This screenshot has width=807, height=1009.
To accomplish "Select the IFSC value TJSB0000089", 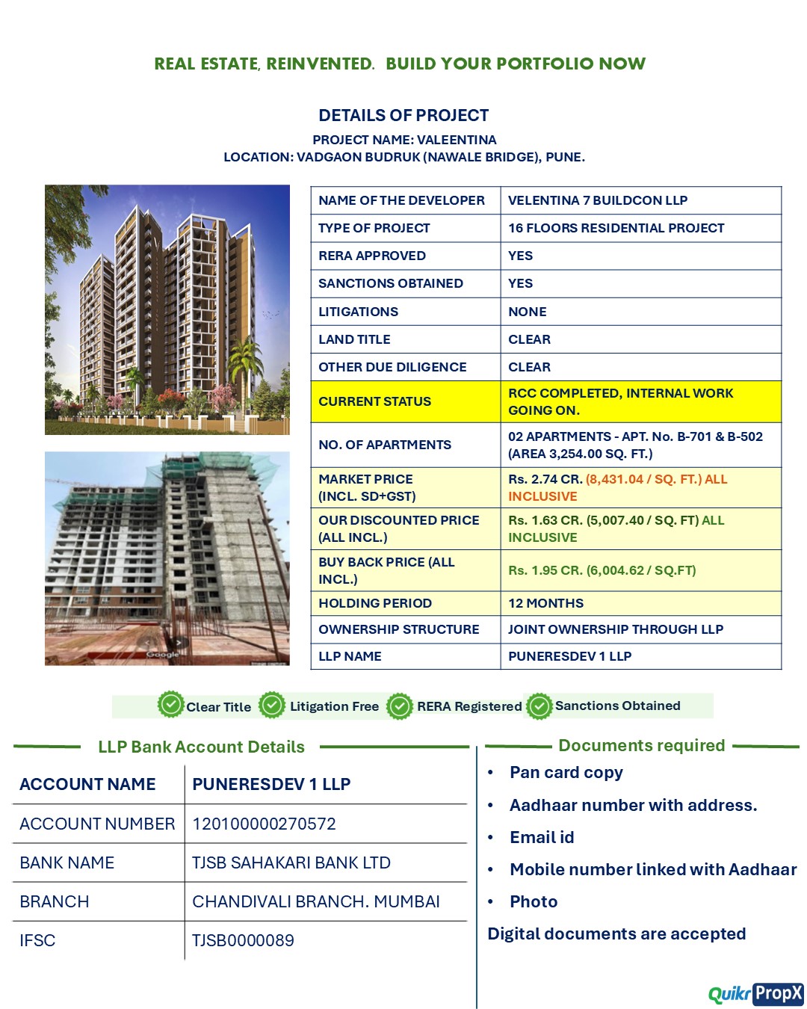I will click(243, 940).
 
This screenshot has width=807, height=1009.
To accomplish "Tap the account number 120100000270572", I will click(264, 824).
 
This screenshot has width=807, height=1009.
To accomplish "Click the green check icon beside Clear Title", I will click(171, 704).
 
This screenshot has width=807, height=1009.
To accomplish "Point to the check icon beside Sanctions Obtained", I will click(539, 706).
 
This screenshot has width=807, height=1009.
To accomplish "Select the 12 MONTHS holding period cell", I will click(545, 603).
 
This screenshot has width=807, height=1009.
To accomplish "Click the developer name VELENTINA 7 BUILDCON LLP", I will click(598, 200).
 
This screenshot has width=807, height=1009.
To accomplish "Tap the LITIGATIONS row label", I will click(358, 312).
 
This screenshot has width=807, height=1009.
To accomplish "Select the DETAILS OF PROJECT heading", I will click(403, 115).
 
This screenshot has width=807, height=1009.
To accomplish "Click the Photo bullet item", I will click(534, 901).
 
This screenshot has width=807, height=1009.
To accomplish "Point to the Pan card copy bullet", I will click(566, 772).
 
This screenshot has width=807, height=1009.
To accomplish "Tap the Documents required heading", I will click(641, 745).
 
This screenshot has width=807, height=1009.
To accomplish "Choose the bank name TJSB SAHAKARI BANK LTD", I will click(291, 863).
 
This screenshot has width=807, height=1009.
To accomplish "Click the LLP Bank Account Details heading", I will click(201, 747).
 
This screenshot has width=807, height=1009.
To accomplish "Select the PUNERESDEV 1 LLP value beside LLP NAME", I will click(569, 656).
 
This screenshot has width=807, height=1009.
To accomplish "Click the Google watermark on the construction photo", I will click(162, 654).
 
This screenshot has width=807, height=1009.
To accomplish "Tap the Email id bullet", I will click(542, 837).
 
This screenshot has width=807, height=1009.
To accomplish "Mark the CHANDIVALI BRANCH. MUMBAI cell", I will click(315, 901).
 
